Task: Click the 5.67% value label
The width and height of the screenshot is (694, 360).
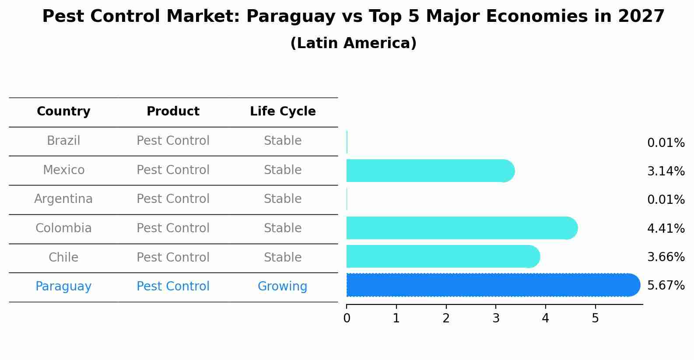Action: (x=666, y=286)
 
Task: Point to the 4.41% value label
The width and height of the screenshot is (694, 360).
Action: (x=666, y=228)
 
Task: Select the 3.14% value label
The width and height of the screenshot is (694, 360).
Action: (x=666, y=171)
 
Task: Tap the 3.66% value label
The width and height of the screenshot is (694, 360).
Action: (x=666, y=257)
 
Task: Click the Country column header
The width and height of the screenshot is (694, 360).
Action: (x=63, y=112)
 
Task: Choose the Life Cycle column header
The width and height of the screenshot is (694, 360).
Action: (x=283, y=112)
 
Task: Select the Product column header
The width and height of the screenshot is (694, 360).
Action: (x=173, y=112)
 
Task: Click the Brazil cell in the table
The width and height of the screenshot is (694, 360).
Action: (x=63, y=141)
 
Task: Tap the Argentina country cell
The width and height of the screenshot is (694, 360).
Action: (x=63, y=199)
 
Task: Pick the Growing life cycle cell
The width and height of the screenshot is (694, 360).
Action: (x=282, y=287)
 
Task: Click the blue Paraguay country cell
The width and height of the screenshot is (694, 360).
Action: (x=63, y=287)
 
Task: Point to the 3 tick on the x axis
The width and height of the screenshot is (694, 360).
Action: (x=496, y=318)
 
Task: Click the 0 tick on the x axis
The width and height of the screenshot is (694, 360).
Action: (x=347, y=318)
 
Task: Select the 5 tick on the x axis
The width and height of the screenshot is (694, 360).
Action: (x=595, y=318)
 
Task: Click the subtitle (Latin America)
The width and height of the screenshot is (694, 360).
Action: (x=353, y=43)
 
